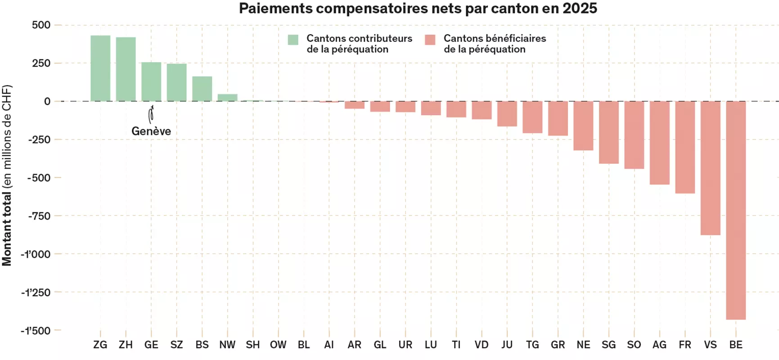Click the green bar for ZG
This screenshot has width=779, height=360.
point(100,68)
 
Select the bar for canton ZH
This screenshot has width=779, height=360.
point(126,69)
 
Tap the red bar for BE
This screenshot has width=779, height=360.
point(736,210)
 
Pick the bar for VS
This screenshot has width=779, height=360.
point(710,168)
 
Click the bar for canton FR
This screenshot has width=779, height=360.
point(685,147)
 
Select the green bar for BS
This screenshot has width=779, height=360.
point(202,89)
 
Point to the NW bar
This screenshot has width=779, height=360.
point(227,98)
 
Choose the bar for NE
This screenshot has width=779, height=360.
point(583,126)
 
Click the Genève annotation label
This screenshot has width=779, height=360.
point(151,131)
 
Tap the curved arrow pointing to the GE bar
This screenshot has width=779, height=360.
point(151,115)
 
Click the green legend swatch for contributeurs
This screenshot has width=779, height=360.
point(293,40)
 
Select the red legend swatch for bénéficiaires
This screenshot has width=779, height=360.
point(430,40)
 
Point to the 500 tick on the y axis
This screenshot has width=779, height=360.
point(41,25)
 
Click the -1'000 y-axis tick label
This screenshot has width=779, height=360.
point(36,254)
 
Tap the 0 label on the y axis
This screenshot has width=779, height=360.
point(47,102)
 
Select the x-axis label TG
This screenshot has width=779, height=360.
point(532,345)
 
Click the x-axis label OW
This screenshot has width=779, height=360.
point(278,345)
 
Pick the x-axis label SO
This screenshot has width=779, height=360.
point(634,345)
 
